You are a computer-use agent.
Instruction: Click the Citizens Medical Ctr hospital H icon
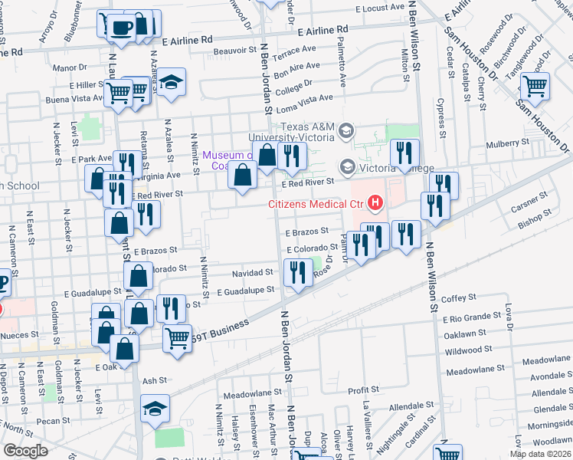click(x=375, y=203)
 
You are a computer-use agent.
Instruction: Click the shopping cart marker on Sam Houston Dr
click(x=534, y=87)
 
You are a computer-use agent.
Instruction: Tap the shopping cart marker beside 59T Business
click(x=178, y=337)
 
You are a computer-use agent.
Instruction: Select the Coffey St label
click(x=459, y=297)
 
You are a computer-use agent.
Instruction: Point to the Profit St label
click(x=359, y=390)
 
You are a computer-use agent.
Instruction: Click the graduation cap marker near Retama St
click(x=172, y=82)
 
